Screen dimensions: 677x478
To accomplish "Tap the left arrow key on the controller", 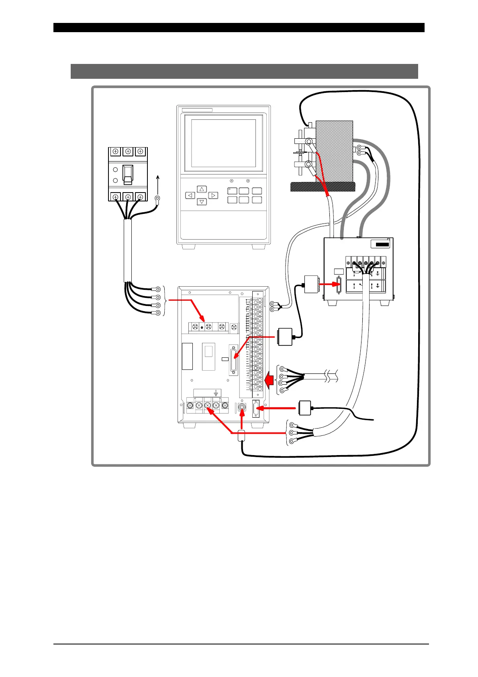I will [190, 196].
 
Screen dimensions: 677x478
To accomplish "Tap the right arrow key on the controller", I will [213, 196].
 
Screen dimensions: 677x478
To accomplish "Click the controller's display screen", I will [223, 143].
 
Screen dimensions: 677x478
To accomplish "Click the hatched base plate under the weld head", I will [323, 187].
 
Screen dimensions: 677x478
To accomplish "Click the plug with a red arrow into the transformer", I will [311, 284].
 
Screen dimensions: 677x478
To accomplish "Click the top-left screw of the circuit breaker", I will [115, 152].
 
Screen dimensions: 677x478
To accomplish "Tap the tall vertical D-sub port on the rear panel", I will [233, 360].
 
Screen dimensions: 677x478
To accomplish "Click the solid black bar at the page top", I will [239, 27].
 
